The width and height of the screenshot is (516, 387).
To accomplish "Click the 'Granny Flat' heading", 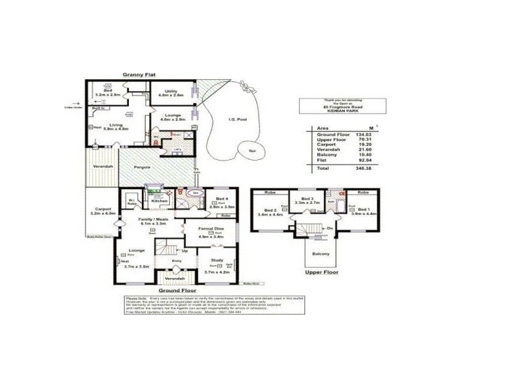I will [x=140, y=75].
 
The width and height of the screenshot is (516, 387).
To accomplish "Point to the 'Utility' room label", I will [x=171, y=91].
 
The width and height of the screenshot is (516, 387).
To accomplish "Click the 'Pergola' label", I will [x=143, y=167].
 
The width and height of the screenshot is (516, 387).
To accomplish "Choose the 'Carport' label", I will [x=103, y=209].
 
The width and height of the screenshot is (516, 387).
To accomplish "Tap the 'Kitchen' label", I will [x=159, y=201].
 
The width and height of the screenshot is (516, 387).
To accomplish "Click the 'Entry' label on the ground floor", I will [x=177, y=260].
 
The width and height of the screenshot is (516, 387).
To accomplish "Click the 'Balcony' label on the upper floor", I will [x=321, y=253].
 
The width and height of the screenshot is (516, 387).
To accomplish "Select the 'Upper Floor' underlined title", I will [x=322, y=272].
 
